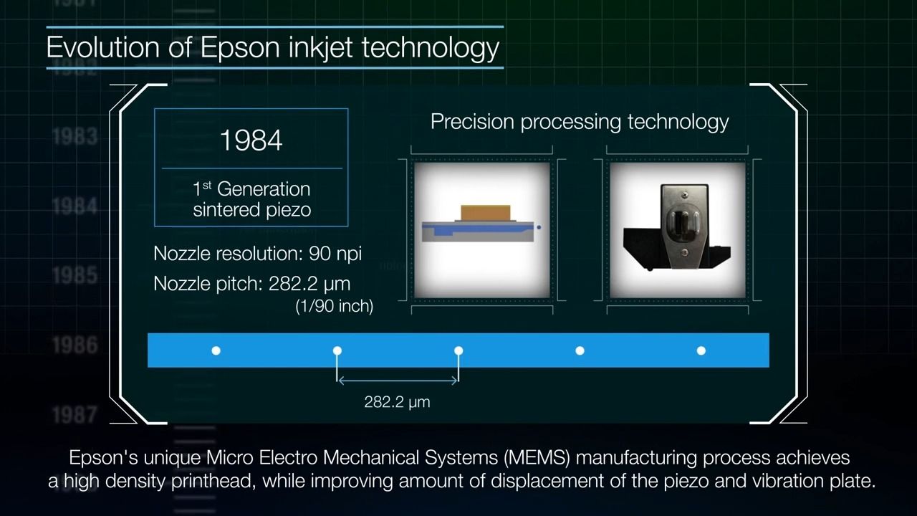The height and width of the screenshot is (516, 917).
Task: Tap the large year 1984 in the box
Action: (251, 140)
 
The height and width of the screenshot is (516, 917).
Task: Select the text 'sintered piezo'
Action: (251, 209)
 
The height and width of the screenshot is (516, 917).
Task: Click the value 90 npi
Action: (335, 254)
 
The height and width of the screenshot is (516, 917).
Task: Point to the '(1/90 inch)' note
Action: (334, 306)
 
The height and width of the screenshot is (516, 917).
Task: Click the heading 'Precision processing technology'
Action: (579, 122)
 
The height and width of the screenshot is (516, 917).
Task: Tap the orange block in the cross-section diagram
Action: (486, 212)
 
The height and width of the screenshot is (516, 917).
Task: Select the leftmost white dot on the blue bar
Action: (216, 350)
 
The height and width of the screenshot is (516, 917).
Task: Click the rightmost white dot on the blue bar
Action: (701, 350)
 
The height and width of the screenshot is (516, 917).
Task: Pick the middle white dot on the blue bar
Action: (458, 350)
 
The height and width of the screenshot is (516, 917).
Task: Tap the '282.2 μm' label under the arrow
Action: (397, 402)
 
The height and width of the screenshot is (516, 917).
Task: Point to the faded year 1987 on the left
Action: (75, 414)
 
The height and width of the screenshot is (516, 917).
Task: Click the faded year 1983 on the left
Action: (75, 136)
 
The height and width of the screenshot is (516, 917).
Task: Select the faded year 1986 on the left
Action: (75, 345)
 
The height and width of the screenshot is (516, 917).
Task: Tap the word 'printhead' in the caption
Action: (213, 481)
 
